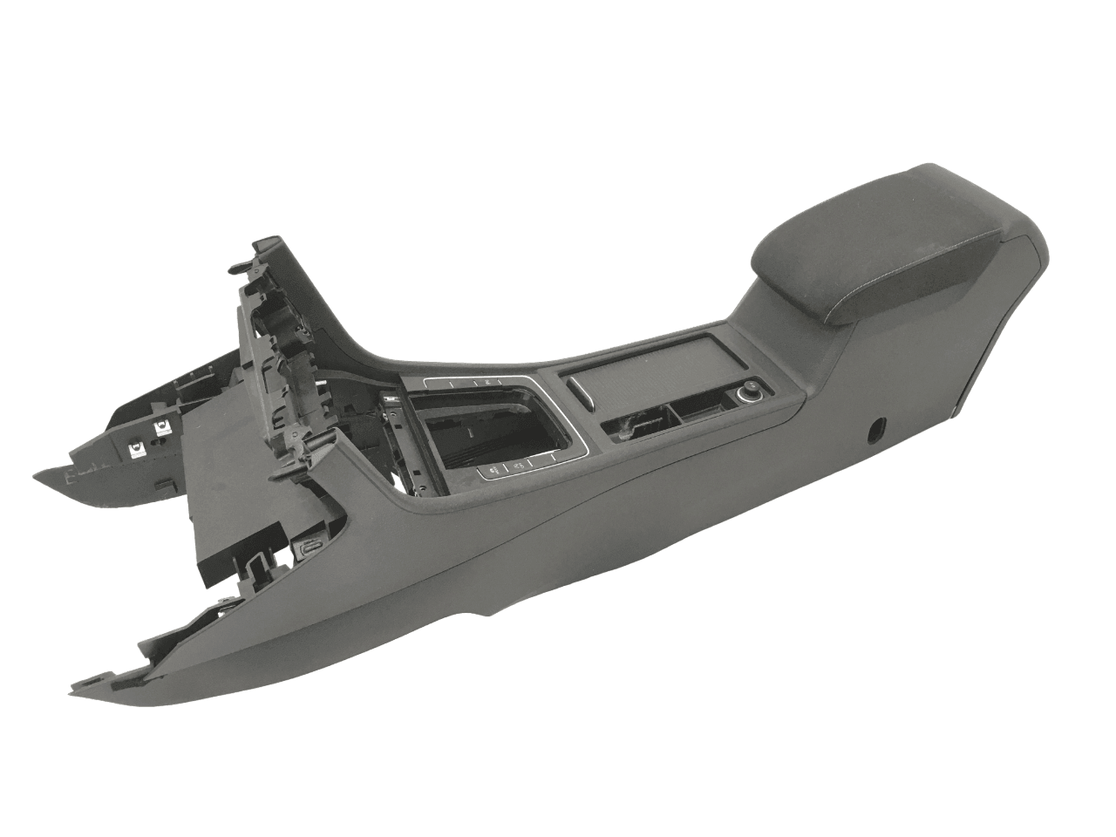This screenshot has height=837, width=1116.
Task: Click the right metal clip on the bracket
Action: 162,427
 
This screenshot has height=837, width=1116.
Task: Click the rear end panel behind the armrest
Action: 1003,331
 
